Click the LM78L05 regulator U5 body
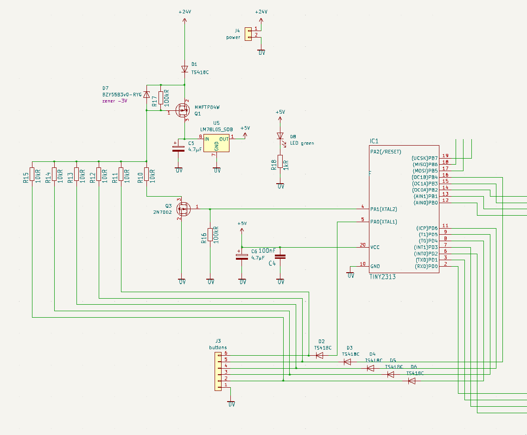(216, 143)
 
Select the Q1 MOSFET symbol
(184, 110)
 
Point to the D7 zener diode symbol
(146, 95)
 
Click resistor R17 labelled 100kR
(161, 98)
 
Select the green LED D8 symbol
(280, 136)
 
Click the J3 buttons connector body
(218, 371)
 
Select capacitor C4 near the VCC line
(280, 256)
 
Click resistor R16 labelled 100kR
(210, 235)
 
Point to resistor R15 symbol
(32, 174)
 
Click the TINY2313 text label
(382, 276)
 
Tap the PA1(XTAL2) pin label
(384, 209)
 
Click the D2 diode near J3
(319, 355)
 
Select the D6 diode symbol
(412, 381)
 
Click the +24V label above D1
(184, 12)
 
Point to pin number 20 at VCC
(363, 244)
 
